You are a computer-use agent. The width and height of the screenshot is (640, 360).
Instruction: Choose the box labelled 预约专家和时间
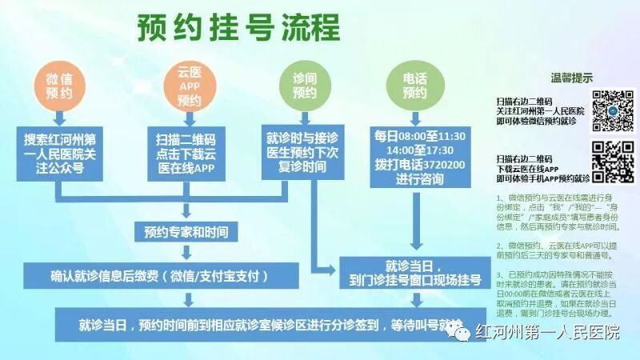[186, 233]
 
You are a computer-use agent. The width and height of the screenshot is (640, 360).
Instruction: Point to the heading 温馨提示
[572, 78]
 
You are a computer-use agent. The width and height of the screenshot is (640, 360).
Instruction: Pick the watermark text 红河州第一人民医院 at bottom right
[547, 331]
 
